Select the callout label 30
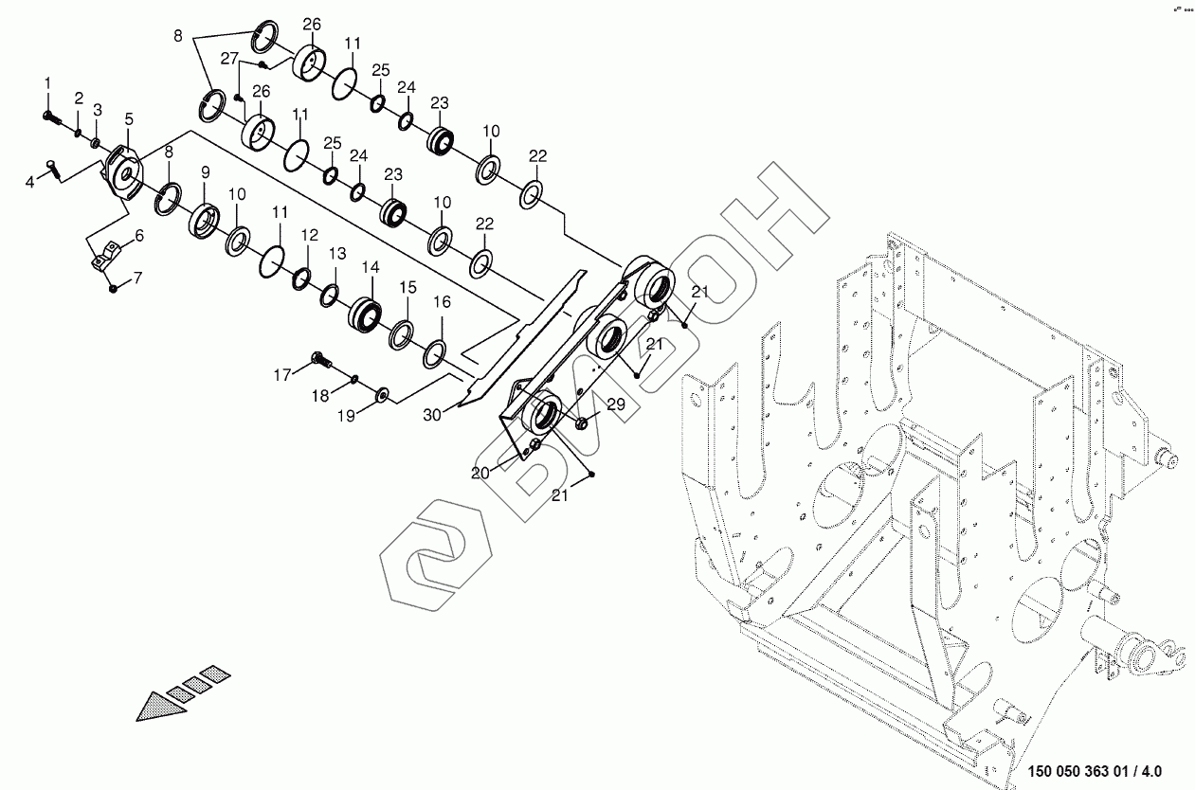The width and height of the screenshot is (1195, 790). [x=432, y=413]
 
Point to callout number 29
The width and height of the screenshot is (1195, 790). [x=615, y=405]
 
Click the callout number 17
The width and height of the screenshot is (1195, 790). [x=282, y=375]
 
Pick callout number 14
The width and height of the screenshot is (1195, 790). [x=370, y=268]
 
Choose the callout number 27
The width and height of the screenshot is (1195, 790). [x=229, y=59]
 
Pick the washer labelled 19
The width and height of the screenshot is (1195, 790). [x=383, y=393]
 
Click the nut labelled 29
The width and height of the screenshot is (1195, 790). [x=583, y=423]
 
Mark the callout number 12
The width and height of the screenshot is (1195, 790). [x=310, y=234]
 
